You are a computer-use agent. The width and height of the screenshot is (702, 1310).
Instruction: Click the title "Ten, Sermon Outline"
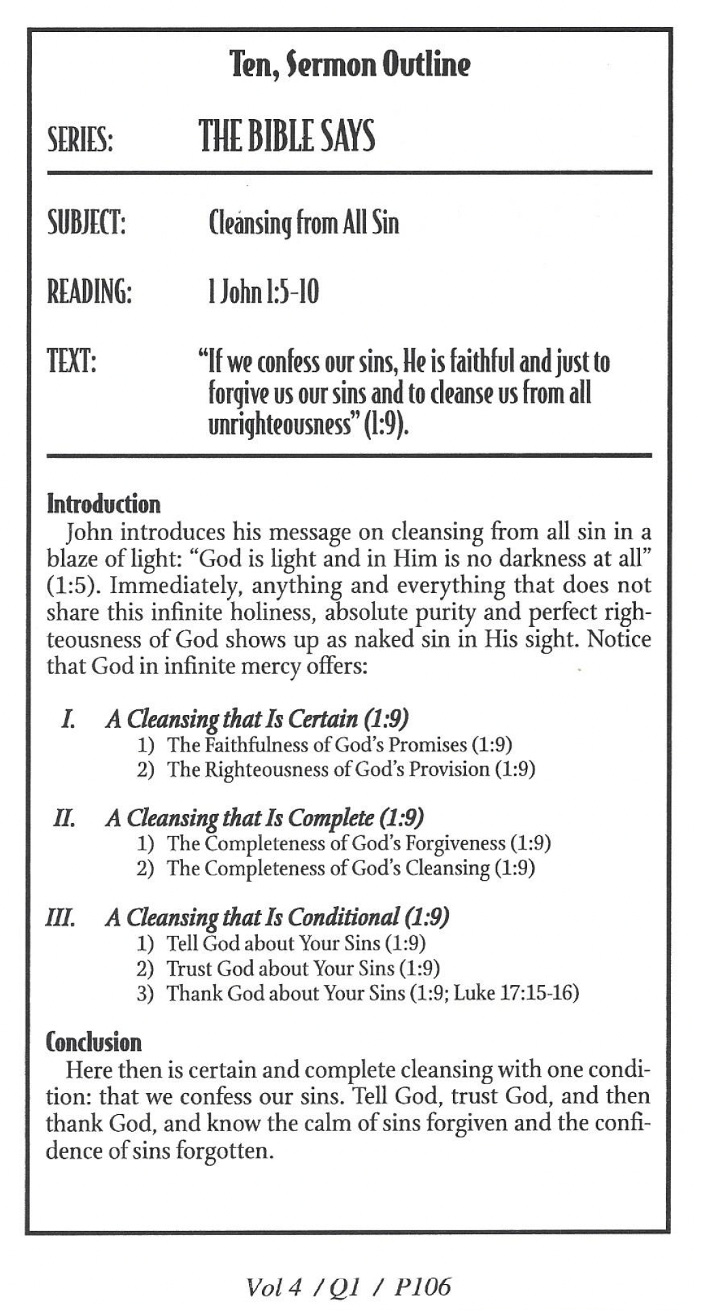(350, 65)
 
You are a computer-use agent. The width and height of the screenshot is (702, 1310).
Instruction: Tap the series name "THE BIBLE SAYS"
(286, 136)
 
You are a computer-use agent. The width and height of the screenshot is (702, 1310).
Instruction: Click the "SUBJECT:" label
(86, 223)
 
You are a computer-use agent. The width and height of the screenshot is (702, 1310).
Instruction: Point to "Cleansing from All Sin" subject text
(303, 222)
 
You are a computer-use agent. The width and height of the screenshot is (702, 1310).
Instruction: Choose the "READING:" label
(88, 292)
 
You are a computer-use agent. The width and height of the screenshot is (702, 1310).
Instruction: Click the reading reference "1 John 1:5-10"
(263, 292)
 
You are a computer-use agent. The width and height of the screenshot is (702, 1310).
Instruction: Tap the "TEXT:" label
(71, 360)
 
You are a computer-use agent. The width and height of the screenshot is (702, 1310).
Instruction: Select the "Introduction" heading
(103, 504)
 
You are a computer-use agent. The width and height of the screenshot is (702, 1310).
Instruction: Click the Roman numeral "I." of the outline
(67, 720)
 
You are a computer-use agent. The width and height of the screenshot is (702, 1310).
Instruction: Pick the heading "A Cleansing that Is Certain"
(231, 719)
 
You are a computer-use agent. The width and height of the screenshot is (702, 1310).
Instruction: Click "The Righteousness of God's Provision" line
(329, 769)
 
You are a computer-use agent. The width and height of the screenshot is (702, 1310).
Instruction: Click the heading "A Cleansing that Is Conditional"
(252, 918)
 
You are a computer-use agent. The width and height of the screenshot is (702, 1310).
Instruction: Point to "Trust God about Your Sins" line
(281, 968)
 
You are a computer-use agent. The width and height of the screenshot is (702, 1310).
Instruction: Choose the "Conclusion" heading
(94, 1042)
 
